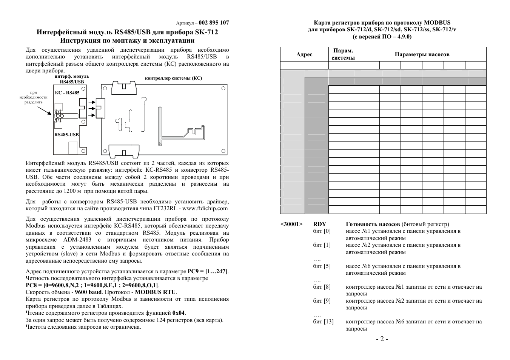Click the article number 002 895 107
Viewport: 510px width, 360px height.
pos(214,23)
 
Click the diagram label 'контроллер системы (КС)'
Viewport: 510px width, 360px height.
pos(173,78)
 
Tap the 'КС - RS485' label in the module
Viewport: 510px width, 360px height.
pos(67,93)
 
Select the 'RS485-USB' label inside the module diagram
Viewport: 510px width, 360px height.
pos(66,135)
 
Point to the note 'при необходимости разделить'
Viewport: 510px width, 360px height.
pos(34,97)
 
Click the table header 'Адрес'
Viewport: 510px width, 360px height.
pos(304,54)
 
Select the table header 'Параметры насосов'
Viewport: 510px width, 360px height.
pos(422,54)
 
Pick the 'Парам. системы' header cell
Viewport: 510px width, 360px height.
pos(343,54)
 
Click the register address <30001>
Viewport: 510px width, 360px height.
pos(291,224)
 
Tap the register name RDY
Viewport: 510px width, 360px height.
pos(319,224)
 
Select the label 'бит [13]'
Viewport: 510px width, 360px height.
pos(323,322)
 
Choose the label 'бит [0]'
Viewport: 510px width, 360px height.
pos(322,231)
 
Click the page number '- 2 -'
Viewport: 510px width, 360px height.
pos(382,339)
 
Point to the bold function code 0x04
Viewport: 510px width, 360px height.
pos(179,313)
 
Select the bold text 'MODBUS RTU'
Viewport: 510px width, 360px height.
pos(156,292)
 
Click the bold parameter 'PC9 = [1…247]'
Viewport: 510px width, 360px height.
pos(208,271)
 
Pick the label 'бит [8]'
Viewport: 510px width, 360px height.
pos(322,287)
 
